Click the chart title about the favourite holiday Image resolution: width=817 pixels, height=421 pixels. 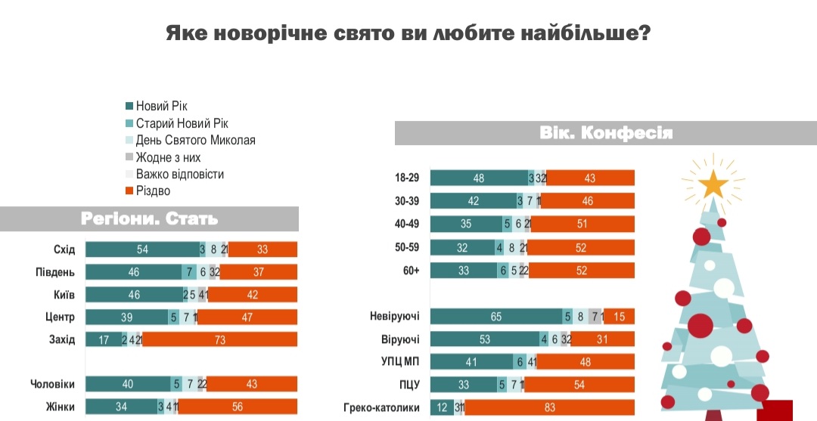point(408,34)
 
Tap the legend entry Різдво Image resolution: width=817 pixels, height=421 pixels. point(153,191)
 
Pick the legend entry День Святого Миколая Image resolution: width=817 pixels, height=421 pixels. point(195,141)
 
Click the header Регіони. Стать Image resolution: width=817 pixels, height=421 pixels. point(149,219)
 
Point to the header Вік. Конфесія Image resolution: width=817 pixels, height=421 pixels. point(605,134)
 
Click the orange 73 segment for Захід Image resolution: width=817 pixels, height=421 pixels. point(220,339)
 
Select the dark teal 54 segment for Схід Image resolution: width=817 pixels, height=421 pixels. point(142,249)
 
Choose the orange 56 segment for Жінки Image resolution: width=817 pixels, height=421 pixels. point(238,407)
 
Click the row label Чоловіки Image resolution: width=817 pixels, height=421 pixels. point(52,384)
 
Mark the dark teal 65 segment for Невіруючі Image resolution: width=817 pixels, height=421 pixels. point(496,317)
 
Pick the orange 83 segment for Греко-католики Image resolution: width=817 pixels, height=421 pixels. point(550,407)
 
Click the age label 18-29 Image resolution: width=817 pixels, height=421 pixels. point(405,178)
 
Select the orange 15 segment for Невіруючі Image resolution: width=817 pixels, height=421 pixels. point(619,317)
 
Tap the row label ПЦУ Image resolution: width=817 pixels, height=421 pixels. point(410,385)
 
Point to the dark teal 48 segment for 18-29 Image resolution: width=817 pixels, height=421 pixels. point(479,178)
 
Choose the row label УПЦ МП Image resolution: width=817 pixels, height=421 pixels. point(402,362)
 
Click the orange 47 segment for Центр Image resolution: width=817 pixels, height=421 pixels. point(247,317)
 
